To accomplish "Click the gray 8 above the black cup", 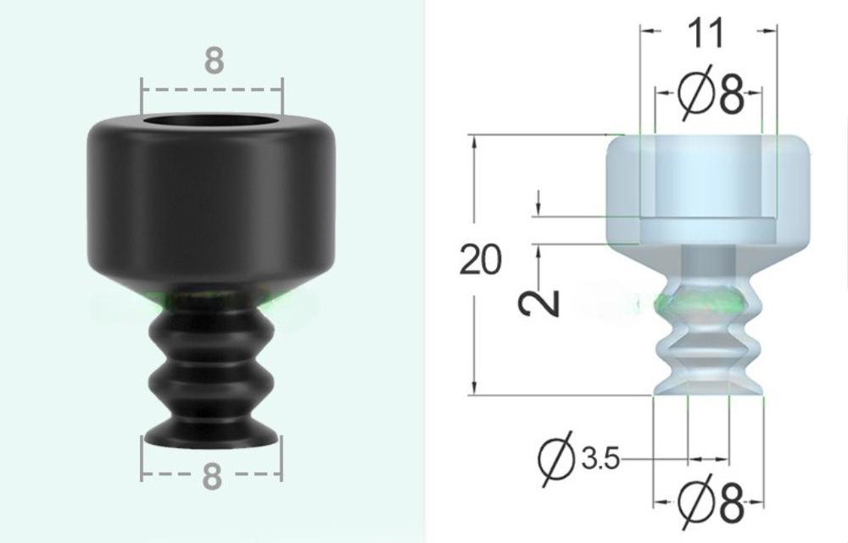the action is [215, 60].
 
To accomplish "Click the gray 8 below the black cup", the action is [213, 476].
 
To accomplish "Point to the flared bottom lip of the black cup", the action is [211, 435].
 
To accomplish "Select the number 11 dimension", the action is [706, 33].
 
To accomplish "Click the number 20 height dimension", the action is [480, 259].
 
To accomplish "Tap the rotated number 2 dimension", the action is [538, 303].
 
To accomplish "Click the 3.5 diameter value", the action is [600, 459].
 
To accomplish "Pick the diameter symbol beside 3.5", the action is [557, 459].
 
